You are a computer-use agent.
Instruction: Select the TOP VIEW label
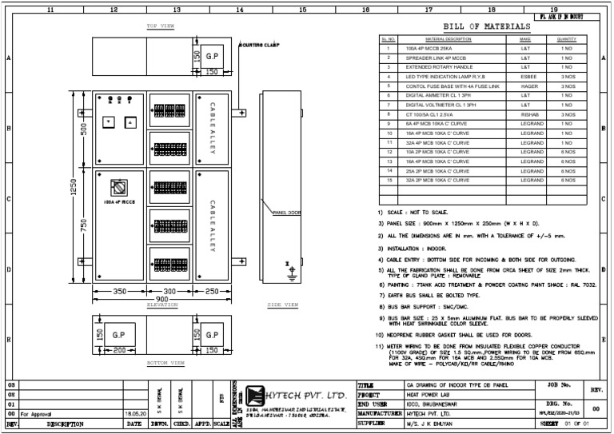(x=161, y=26)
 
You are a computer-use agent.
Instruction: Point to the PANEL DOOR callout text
(x=286, y=213)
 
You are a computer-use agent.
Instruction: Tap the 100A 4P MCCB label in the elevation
(x=120, y=202)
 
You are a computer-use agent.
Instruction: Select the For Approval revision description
(x=37, y=414)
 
